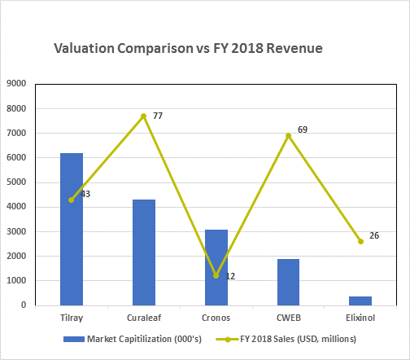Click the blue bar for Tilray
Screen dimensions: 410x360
point(72,230)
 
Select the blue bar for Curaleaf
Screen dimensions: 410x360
point(144,252)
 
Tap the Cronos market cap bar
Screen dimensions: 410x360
point(216,268)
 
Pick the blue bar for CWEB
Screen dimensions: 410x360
point(289,283)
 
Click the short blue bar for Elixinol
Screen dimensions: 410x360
point(360,301)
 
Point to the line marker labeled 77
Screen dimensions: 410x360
point(144,116)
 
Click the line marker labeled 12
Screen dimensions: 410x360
point(216,276)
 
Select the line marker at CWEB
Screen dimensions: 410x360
point(289,136)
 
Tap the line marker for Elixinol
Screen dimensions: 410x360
point(360,241)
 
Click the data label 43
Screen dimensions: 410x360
point(85,194)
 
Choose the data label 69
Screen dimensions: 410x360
point(303,130)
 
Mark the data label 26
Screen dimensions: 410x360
point(374,235)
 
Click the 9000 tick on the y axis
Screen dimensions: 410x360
point(16,83)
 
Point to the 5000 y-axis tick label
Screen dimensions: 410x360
point(16,182)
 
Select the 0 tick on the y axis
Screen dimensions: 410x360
point(24,305)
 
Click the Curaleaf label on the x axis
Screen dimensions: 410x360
point(144,318)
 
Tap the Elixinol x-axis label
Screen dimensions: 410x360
point(360,318)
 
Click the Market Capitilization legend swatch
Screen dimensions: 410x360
point(74,340)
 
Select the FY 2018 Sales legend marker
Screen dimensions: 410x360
point(228,340)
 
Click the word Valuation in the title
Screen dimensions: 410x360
point(84,48)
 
